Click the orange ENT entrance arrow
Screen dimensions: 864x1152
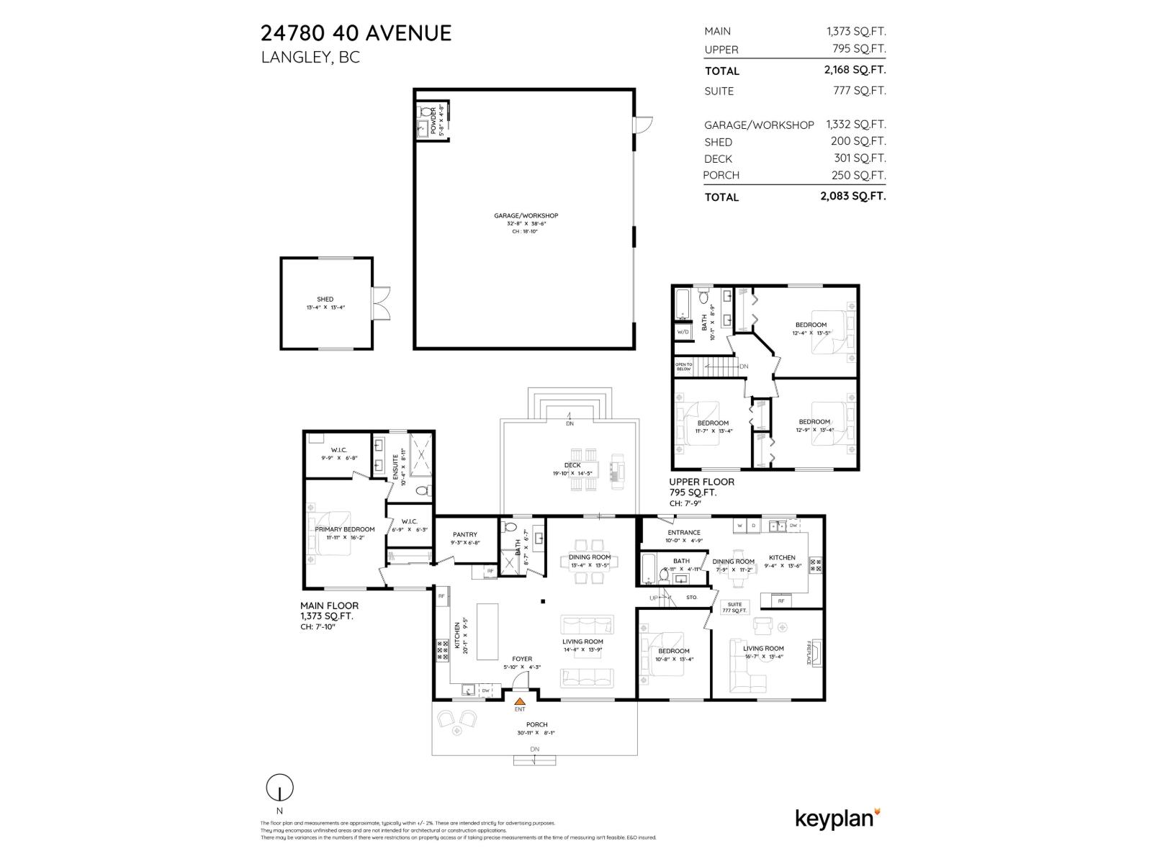pos(519,700)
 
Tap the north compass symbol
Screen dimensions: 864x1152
pos(279,788)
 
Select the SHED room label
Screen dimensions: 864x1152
pos(325,300)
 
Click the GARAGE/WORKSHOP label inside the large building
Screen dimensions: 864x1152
pos(526,216)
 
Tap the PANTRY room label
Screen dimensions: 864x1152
pos(465,534)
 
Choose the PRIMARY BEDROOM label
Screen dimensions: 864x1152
pos(344,529)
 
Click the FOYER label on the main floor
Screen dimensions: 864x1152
pos(522,659)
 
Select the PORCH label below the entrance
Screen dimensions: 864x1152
pos(536,725)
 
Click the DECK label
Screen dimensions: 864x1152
pos(572,465)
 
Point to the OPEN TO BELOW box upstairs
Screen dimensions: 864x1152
pos(683,366)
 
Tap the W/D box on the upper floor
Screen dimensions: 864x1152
pos(683,332)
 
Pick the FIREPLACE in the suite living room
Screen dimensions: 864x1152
pos(814,652)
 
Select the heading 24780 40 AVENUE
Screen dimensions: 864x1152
pos(356,33)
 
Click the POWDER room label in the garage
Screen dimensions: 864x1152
pos(433,121)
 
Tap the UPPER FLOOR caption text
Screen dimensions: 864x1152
pos(701,482)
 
